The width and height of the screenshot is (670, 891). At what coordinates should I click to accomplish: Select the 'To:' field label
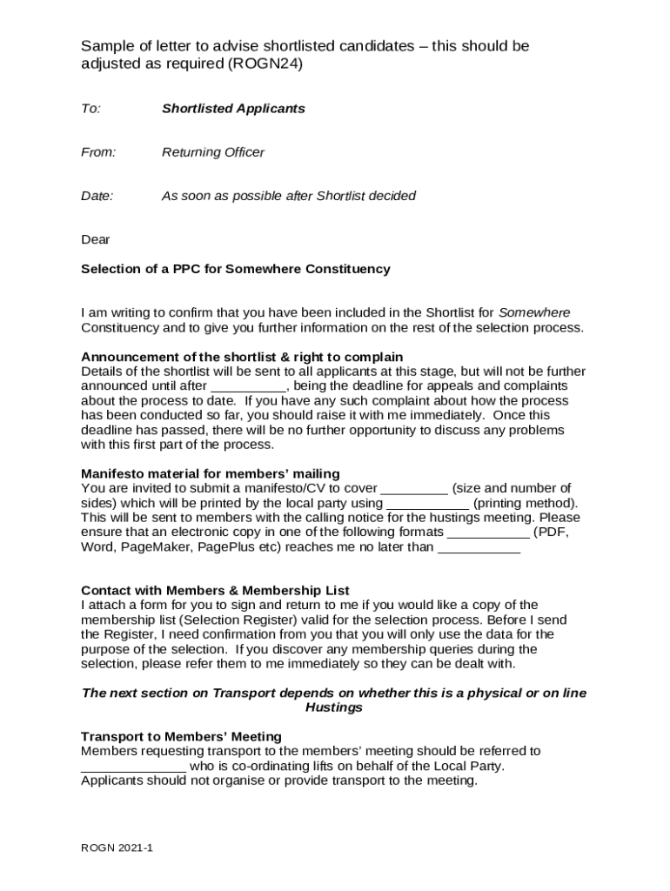pos(90,109)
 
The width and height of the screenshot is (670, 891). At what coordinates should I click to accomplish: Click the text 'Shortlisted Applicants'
pos(233,109)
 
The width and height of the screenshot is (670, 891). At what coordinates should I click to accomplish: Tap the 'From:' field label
pos(98,152)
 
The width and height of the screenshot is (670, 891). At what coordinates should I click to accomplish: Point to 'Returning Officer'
pos(212,152)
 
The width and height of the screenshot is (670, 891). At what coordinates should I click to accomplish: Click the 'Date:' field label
pos(97,196)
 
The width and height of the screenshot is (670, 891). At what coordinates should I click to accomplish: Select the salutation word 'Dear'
pos(96,239)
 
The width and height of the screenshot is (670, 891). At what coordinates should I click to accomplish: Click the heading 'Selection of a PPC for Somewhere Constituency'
pos(236,269)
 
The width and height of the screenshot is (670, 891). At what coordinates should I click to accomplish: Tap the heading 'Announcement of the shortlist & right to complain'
pos(242,357)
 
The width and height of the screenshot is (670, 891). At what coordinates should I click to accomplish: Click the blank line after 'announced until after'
pos(249,387)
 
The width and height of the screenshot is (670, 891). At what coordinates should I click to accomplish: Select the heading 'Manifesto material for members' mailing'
pos(211,474)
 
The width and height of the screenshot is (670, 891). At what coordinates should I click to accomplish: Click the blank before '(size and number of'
pos(414,490)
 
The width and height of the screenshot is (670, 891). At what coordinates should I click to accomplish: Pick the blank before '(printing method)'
pos(427,505)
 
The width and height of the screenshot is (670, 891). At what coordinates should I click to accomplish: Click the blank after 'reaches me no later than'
pos(479,549)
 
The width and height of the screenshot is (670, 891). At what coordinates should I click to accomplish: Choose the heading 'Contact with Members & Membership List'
pos(215,590)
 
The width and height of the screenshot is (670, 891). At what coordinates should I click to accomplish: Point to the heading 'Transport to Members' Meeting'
pos(181,736)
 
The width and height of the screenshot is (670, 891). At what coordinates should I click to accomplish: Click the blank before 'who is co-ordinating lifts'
pos(133,767)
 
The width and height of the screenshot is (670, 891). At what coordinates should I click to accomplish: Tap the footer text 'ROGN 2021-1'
pos(117,847)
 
